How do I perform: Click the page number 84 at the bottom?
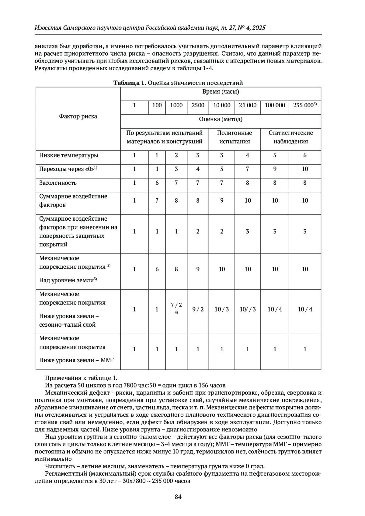(178, 497)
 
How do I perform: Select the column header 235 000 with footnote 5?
(305, 105)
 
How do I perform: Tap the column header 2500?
(198, 105)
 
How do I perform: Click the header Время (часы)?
(221, 92)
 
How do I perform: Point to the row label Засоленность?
(58, 183)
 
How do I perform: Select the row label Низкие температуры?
(68, 155)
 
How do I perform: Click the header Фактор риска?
(78, 116)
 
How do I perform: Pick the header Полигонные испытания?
(235, 137)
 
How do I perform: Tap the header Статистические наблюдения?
(290, 137)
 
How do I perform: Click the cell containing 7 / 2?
(176, 305)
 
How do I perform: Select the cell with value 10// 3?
(248, 309)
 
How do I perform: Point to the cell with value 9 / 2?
(198, 309)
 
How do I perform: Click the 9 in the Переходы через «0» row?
(275, 169)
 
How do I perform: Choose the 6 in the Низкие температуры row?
(305, 155)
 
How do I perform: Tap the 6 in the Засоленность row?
(157, 183)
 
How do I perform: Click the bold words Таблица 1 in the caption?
(130, 83)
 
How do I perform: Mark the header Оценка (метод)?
(221, 119)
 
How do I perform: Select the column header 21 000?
(248, 105)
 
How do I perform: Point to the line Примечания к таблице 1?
(81, 378)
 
